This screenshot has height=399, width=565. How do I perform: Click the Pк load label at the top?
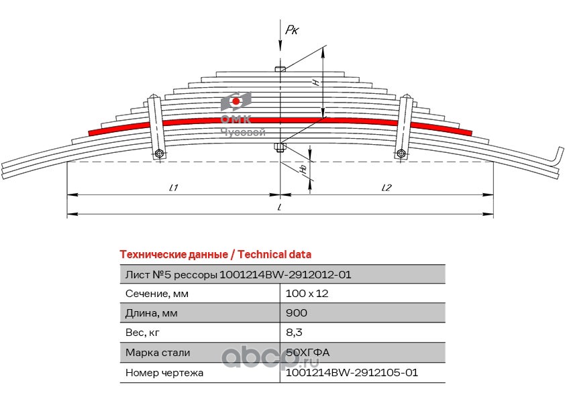292,30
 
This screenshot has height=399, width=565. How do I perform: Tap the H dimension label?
316,82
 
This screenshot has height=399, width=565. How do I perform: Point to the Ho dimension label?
304,169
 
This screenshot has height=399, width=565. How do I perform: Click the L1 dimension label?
174,188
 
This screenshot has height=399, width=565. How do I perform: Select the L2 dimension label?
387,188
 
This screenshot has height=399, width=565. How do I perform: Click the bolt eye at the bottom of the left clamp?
159,154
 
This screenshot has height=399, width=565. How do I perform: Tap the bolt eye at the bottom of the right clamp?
401,154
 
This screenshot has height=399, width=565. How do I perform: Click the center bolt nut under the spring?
280,147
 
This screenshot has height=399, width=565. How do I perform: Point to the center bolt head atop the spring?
280,69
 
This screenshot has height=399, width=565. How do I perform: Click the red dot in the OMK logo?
236,101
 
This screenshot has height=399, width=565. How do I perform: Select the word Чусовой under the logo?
243,133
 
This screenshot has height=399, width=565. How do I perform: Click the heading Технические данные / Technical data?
215,255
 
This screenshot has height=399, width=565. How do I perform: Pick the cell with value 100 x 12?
307,294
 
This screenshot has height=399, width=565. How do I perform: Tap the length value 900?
296,313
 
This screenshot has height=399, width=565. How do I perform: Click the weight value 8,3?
294,333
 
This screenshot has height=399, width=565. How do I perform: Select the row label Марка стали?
158,353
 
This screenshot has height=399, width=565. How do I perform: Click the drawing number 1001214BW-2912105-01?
352,372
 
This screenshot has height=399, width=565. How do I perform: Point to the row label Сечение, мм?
157,294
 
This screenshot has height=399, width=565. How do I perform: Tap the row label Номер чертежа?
164,373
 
